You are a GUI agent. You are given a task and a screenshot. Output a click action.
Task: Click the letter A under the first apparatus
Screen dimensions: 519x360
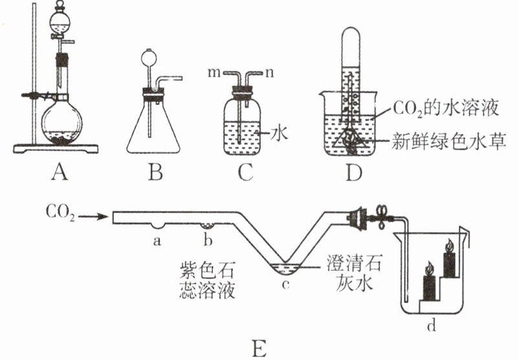tap(60, 172)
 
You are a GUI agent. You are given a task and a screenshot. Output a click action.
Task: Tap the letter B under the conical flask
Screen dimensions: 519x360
tap(155, 172)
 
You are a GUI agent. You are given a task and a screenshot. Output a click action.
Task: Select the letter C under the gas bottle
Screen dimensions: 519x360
tap(246, 172)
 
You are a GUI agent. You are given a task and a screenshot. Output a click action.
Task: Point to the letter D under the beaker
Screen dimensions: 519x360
tap(353, 172)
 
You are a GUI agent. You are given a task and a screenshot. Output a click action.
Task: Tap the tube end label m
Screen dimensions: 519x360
tap(214, 73)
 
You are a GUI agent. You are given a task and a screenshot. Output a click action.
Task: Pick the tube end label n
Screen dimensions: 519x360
tap(269, 73)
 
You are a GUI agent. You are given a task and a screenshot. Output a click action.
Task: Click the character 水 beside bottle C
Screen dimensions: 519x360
tap(279, 133)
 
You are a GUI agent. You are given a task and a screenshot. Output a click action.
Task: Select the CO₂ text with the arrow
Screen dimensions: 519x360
tap(60, 212)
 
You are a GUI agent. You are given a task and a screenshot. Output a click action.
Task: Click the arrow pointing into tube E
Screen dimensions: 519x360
tap(93, 218)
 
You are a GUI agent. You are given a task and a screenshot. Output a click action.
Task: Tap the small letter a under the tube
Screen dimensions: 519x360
tap(157, 241)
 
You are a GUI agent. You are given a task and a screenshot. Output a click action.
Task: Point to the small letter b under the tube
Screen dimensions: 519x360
tap(208, 240)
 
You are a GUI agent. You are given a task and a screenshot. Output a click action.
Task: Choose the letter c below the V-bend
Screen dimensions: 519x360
tap(285, 284)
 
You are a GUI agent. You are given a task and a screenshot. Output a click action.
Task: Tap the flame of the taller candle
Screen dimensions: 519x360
tap(450, 246)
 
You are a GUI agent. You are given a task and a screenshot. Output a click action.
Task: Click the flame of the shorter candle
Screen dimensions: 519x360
tap(429, 269)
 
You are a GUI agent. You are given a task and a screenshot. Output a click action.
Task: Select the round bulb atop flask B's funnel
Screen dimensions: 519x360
tap(148, 58)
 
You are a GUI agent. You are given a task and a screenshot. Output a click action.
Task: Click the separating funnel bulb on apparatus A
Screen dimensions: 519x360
tap(60, 22)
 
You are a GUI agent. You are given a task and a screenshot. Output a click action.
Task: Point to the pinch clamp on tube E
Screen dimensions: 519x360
tap(382, 216)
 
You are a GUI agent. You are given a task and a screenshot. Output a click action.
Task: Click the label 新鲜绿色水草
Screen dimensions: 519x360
tap(449, 141)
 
